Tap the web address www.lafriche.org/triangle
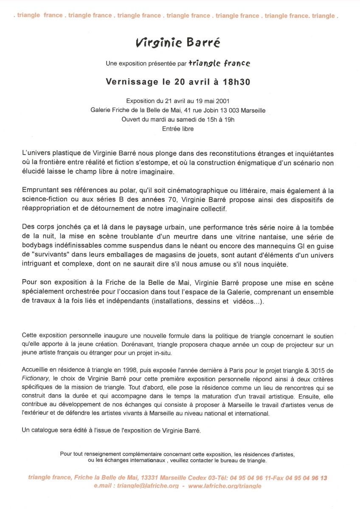225,486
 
